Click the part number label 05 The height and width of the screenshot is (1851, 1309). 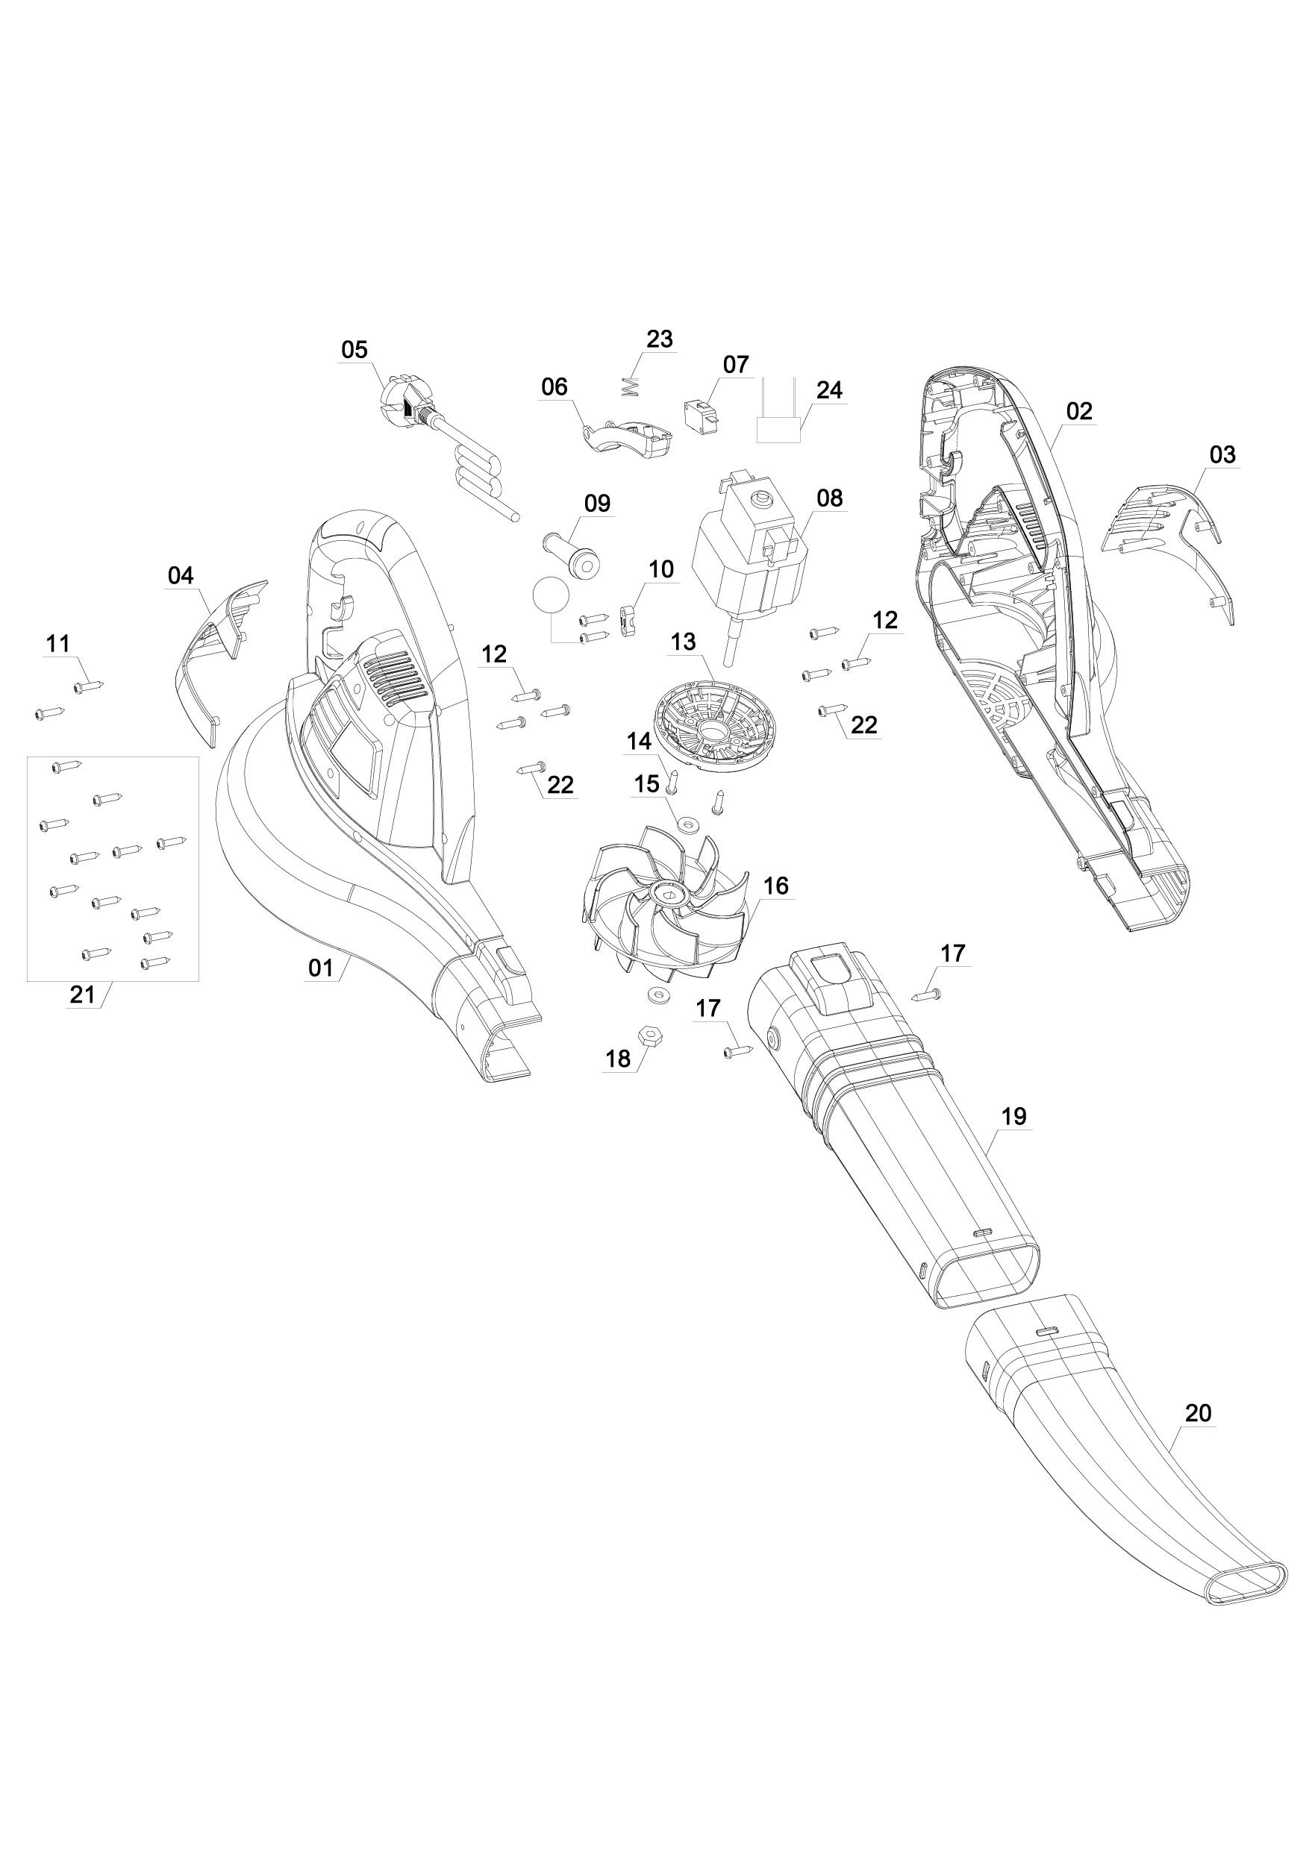pyautogui.click(x=354, y=351)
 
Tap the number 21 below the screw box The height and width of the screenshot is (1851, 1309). pyautogui.click(x=81, y=995)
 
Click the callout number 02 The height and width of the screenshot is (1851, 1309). pyautogui.click(x=1079, y=411)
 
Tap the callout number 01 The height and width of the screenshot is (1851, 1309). pyautogui.click(x=321, y=967)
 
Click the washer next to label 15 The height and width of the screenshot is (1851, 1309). pyautogui.click(x=688, y=824)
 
